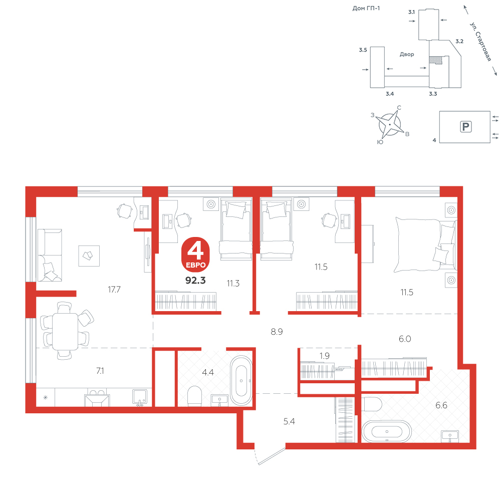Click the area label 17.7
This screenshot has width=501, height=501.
[114, 290]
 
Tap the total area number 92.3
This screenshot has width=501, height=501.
[195, 280]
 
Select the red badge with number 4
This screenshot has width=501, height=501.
[195, 255]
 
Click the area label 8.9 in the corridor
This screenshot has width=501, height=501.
[277, 332]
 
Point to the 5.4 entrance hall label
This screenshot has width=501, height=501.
[289, 421]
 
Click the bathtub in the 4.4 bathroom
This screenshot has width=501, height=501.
[241, 381]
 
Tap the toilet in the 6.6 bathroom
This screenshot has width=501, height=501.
[372, 404]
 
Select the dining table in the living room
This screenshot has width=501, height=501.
[65, 331]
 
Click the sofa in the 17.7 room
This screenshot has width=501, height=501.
[50, 255]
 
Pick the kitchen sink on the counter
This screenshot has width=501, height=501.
[140, 397]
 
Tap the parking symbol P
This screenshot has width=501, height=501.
[465, 127]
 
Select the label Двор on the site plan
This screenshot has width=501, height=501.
[407, 54]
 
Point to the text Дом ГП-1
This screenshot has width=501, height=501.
[366, 9]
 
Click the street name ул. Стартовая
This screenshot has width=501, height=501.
[480, 42]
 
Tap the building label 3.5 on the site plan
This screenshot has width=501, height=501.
[363, 50]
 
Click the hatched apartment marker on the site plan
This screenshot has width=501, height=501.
[435, 60]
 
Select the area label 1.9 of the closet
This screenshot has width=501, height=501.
[324, 356]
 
